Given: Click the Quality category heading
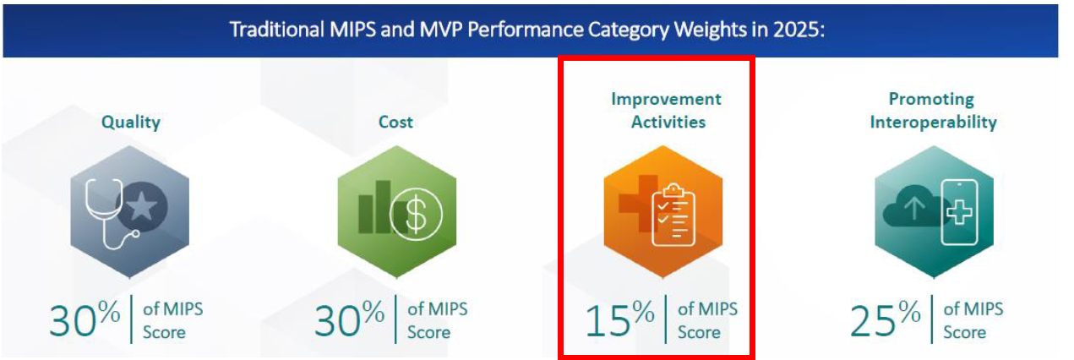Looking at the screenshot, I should tap(130, 122).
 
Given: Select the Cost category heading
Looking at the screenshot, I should tap(395, 122).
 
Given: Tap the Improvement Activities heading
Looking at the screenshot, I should tap(666, 111).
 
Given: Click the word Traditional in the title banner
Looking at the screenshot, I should tap(270, 29).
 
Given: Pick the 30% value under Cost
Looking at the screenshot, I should tap(349, 319).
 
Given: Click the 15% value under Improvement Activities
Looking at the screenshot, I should tap(619, 319).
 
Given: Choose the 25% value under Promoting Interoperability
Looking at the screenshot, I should tap(885, 319).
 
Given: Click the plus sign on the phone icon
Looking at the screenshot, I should tap(959, 212).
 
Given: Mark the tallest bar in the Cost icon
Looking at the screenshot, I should tap(383, 205).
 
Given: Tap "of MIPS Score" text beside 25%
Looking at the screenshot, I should tap(973, 320).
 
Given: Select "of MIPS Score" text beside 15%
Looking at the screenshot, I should tap(707, 320).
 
